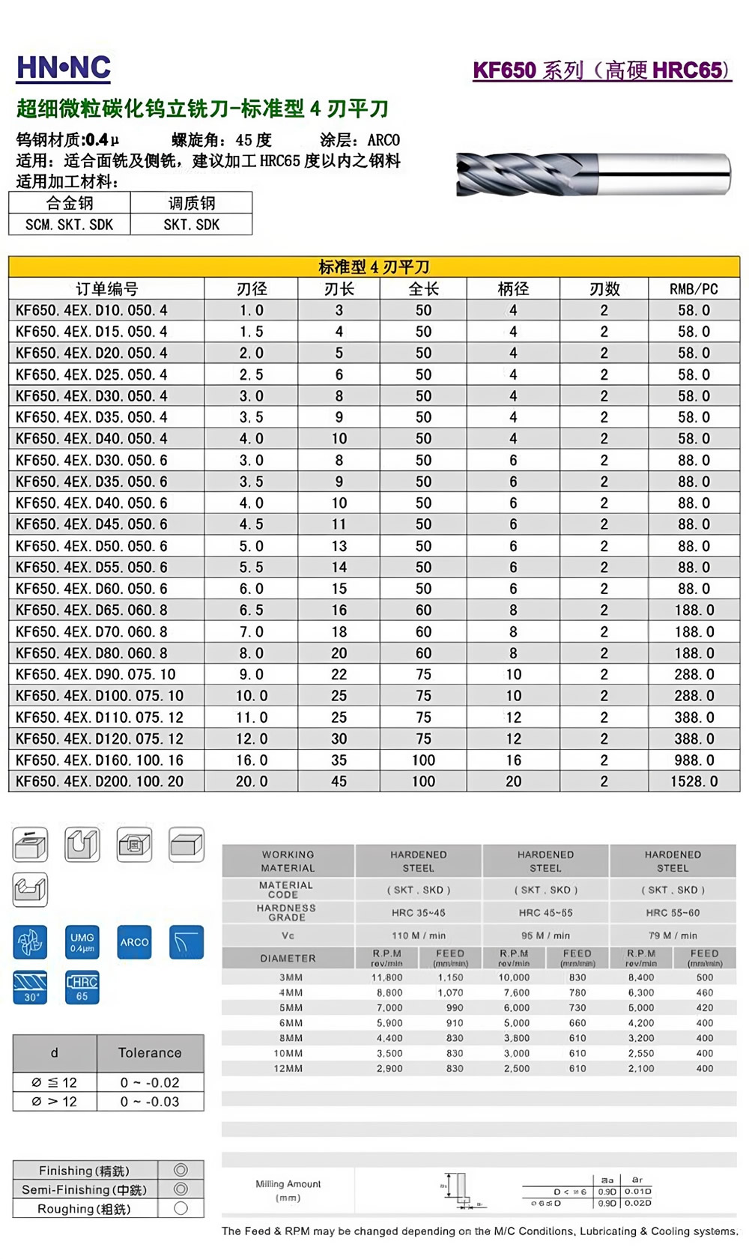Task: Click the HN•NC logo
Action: pyautogui.click(x=64, y=68)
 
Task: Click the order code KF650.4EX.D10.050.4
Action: pyautogui.click(x=91, y=310)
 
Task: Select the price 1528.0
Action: pyautogui.click(x=694, y=781)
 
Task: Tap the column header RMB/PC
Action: pyautogui.click(x=694, y=289)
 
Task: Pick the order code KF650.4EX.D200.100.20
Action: pyautogui.click(x=99, y=781)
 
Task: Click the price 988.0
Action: pyautogui.click(x=694, y=760)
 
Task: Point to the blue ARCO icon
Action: pyautogui.click(x=135, y=942)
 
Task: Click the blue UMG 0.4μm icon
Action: pyautogui.click(x=82, y=942)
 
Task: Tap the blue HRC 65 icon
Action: pyautogui.click(x=82, y=987)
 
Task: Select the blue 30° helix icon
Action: pyautogui.click(x=31, y=987)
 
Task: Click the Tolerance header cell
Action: pyautogui.click(x=150, y=1052)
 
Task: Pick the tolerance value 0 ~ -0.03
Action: pyautogui.click(x=150, y=1102)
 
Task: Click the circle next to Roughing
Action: pyautogui.click(x=181, y=1208)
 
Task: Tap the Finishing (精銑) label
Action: pyautogui.click(x=84, y=1171)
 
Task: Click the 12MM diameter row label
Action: pyautogui.click(x=288, y=1069)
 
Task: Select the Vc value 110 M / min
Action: pyautogui.click(x=418, y=935)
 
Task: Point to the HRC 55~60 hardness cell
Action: pyautogui.click(x=673, y=913)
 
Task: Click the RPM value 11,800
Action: pyautogui.click(x=386, y=977)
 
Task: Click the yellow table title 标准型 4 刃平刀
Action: pyautogui.click(x=374, y=267)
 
